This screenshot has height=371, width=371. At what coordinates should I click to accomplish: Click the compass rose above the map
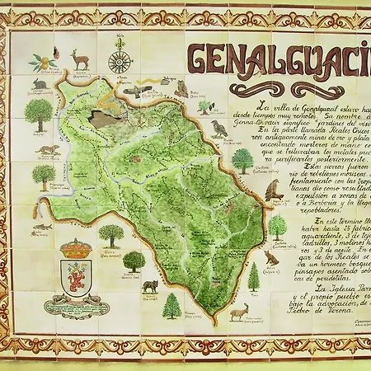tap(120, 62)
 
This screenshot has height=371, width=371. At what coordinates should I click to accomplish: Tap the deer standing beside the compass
tap(80, 59)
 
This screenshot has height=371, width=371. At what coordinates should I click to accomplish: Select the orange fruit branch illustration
tap(44, 62)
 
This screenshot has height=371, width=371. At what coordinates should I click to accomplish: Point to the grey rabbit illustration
tap(39, 84)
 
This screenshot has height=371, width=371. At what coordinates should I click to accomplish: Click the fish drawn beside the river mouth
tap(42, 225)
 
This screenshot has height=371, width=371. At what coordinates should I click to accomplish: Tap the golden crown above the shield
tap(77, 248)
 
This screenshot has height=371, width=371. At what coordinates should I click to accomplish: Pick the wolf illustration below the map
tap(149, 286)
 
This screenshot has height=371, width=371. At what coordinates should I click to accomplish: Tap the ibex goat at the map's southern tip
tap(238, 312)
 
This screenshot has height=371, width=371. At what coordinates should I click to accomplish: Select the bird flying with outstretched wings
tap(137, 90)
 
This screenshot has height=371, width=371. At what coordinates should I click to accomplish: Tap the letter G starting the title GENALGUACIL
tap(200, 60)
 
